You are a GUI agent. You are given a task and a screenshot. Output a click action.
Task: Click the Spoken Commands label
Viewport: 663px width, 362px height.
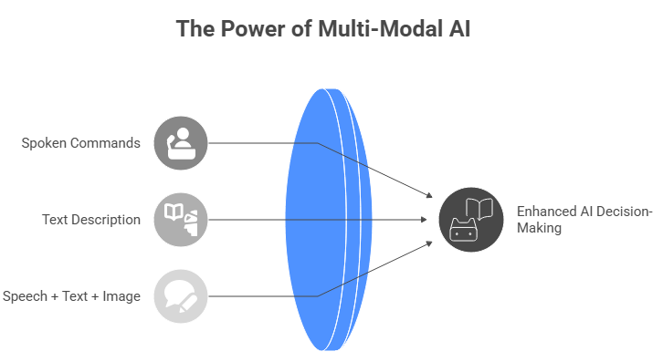(x=81, y=143)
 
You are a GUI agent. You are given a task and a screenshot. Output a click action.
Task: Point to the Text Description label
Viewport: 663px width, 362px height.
(x=91, y=220)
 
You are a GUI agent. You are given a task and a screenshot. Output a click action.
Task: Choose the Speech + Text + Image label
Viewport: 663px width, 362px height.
(x=71, y=296)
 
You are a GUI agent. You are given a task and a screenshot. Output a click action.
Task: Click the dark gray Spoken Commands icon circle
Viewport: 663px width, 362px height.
(x=181, y=143)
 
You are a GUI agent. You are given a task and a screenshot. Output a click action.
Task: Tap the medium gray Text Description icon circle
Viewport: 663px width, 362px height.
(x=181, y=220)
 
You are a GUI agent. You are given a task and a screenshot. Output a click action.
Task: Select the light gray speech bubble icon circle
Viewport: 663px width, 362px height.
(x=181, y=296)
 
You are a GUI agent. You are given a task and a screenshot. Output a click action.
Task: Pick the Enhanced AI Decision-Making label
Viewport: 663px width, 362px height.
(x=584, y=220)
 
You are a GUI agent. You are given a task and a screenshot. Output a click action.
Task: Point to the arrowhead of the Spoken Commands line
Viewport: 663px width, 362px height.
(x=428, y=196)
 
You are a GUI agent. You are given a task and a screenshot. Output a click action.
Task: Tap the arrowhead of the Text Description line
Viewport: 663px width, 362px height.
(x=426, y=220)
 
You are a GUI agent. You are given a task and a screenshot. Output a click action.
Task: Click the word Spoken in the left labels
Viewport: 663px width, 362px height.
(x=44, y=143)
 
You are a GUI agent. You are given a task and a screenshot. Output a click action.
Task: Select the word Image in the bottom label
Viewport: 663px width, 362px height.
(x=121, y=296)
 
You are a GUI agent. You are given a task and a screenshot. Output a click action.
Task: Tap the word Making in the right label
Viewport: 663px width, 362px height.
(x=540, y=229)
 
